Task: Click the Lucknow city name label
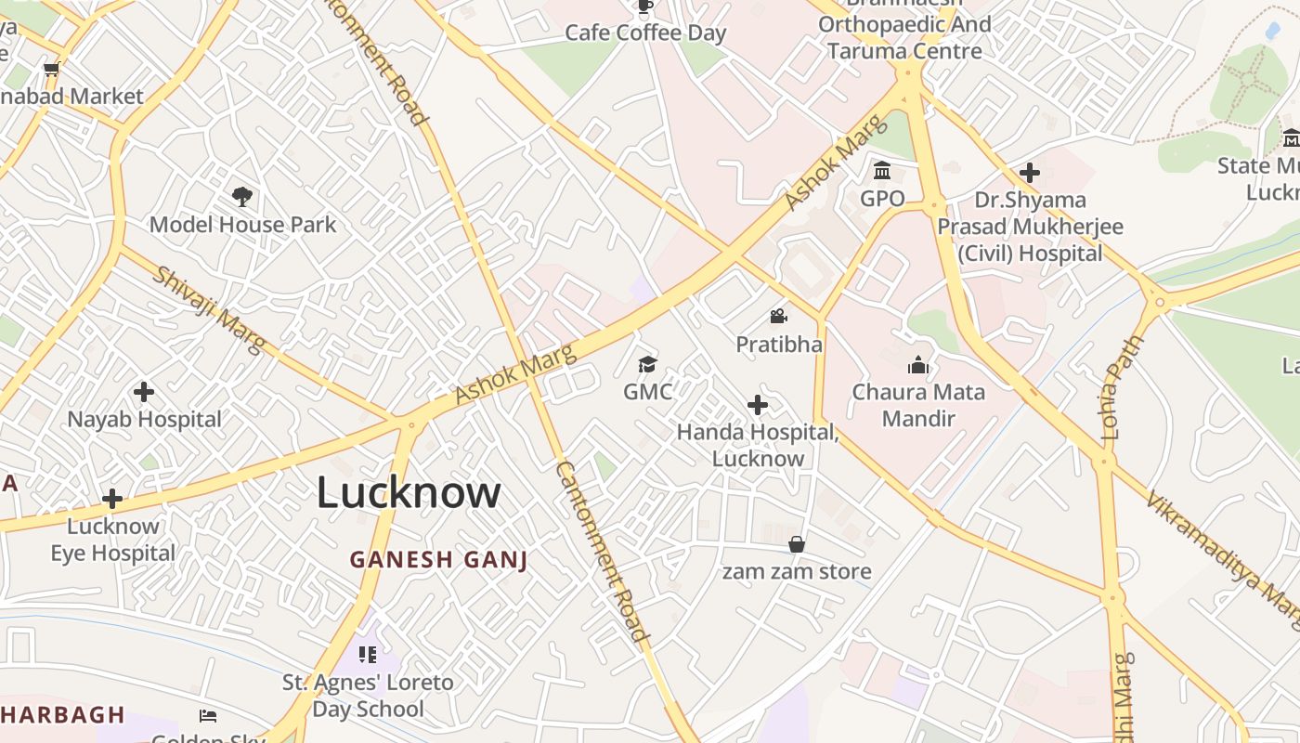[409, 492]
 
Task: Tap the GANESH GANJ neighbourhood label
[438, 559]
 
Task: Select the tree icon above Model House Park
[242, 197]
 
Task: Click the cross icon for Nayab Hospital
[144, 392]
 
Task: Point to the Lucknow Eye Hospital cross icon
[112, 499]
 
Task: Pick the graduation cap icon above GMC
[647, 364]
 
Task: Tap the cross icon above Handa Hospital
[758, 405]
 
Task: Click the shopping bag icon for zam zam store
[797, 544]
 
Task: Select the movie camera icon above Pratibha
[778, 317]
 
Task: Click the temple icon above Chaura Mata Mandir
[918, 364]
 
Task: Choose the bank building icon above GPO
[882, 171]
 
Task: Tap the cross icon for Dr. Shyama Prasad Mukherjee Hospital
[1029, 173]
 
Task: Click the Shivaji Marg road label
[210, 309]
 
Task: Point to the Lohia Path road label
[1124, 387]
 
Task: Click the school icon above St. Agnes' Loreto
[368, 655]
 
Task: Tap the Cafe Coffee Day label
[645, 33]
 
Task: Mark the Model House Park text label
[242, 225]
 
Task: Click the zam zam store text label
[797, 571]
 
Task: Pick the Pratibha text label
[779, 345]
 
